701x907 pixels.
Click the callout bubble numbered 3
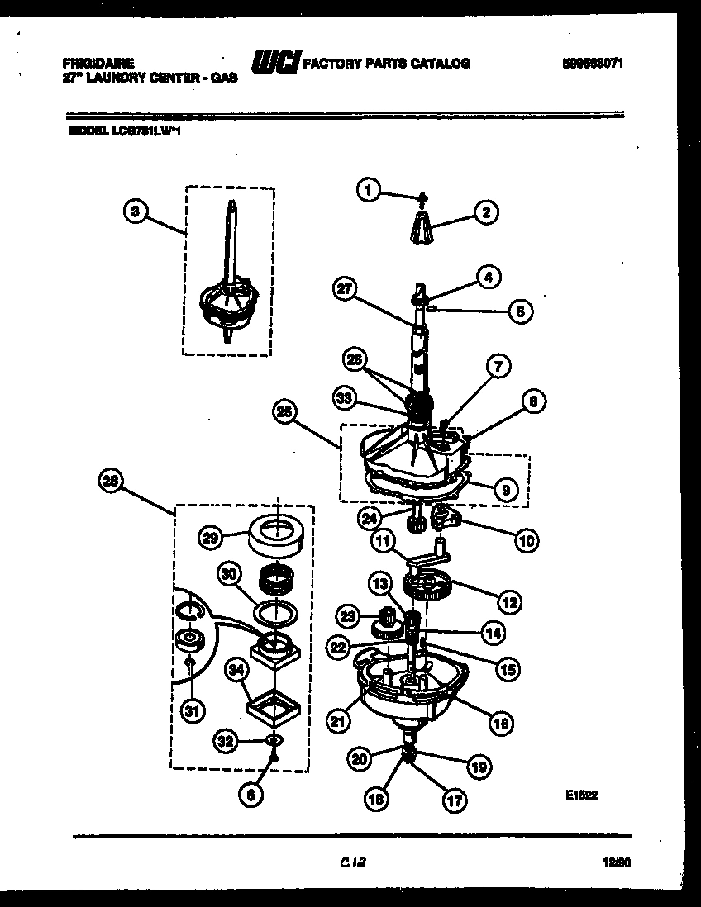click(136, 211)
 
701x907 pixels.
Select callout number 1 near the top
click(369, 190)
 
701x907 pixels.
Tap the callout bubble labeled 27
click(346, 289)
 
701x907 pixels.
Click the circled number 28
click(110, 478)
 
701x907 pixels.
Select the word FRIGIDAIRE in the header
click(98, 62)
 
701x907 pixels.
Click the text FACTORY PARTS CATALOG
click(387, 64)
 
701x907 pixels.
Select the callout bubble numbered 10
click(527, 541)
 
